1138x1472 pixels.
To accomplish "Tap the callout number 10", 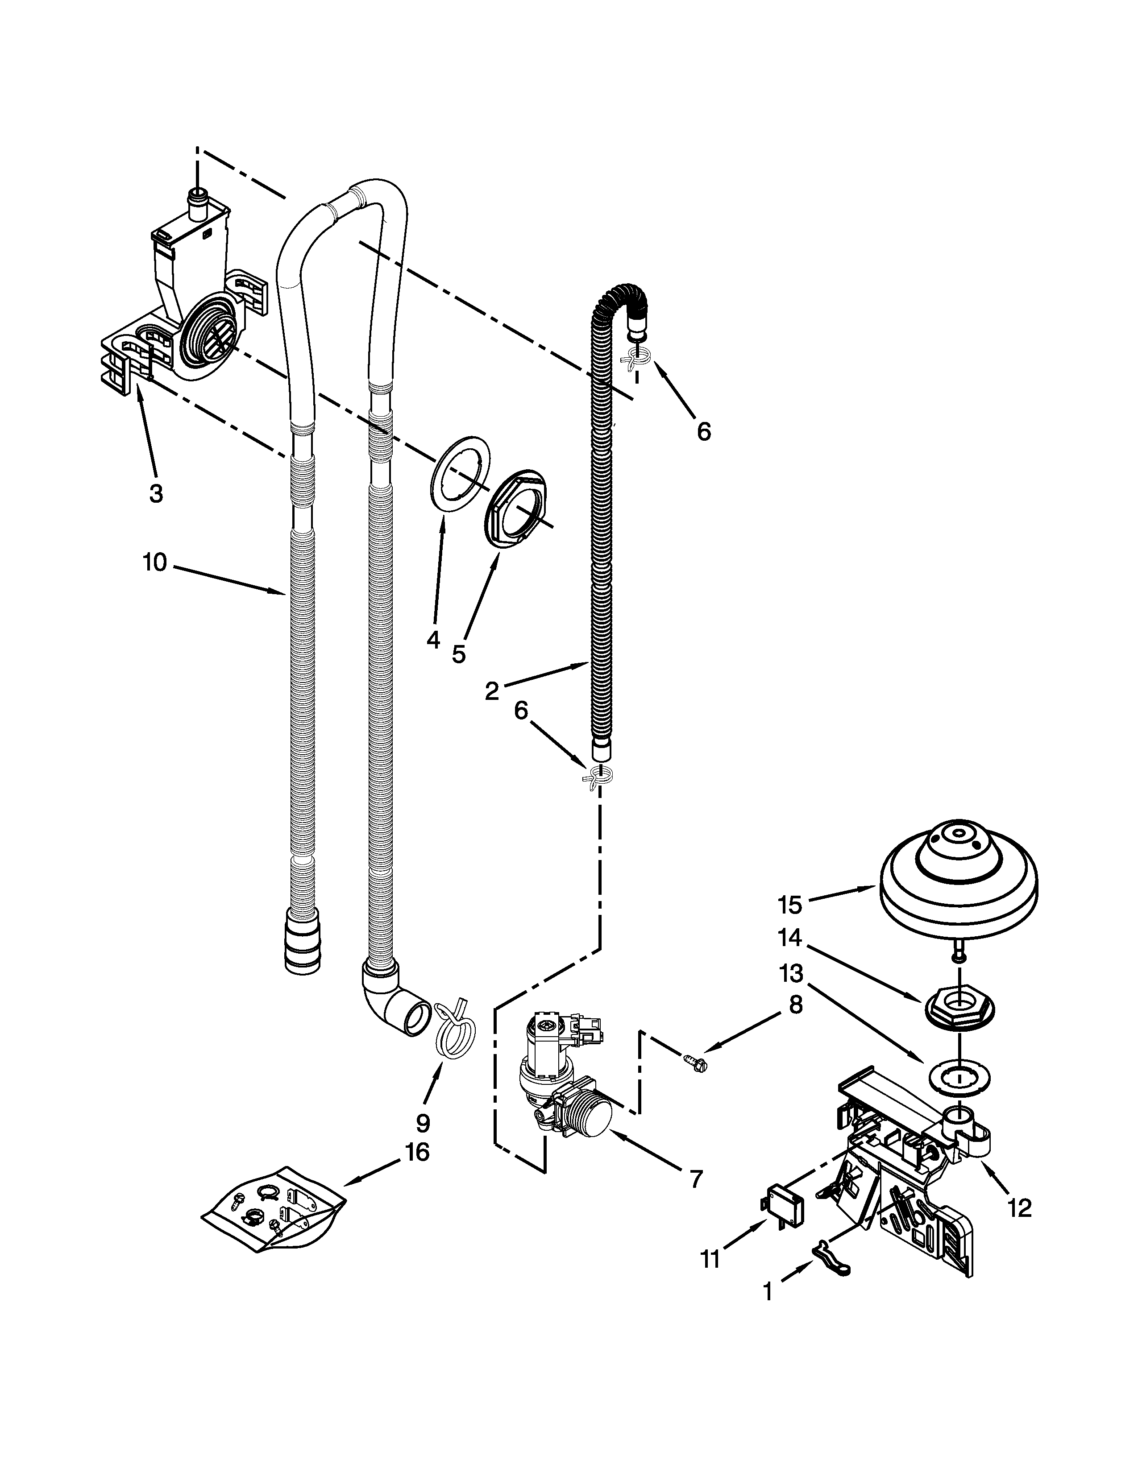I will pyautogui.click(x=155, y=562).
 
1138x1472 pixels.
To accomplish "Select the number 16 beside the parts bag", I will pyautogui.click(x=417, y=1153).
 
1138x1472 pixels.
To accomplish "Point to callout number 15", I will pyautogui.click(x=789, y=905).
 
